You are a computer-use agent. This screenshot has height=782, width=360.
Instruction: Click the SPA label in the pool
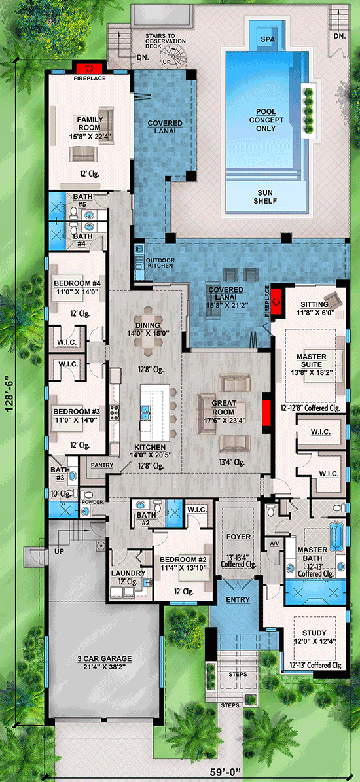pos(268,39)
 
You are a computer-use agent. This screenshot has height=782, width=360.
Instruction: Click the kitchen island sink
pos(146,413)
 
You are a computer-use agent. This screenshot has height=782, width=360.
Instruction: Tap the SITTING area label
pos(314,304)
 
